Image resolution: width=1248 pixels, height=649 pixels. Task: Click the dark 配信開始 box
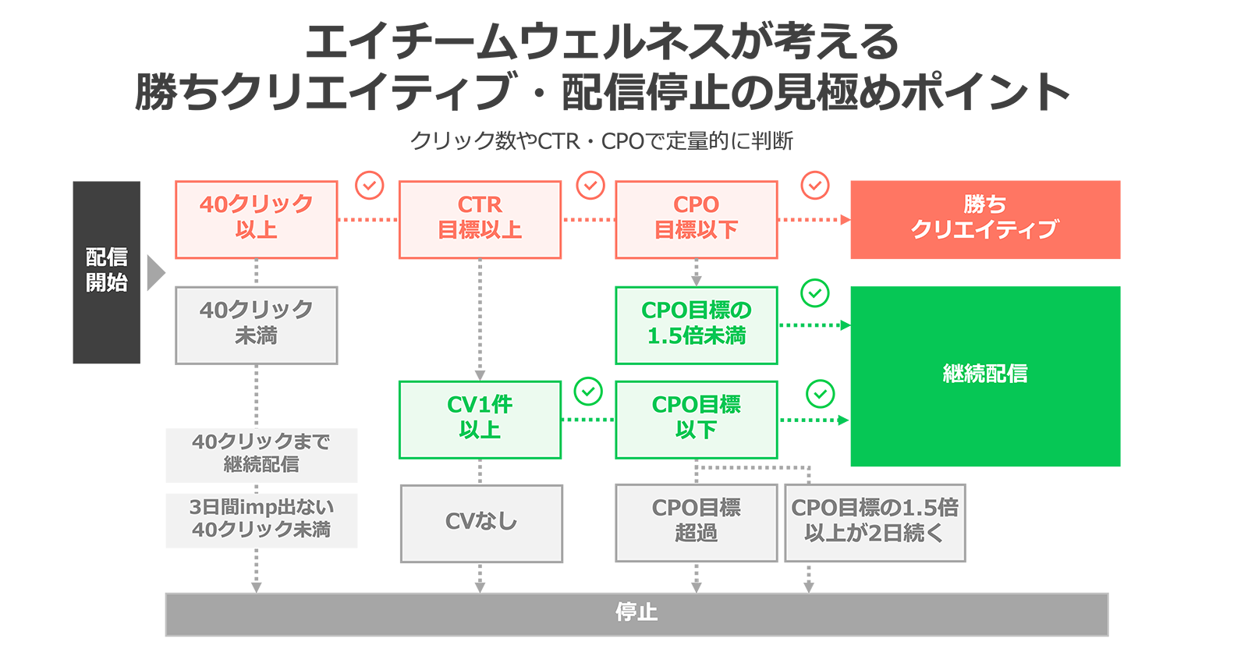coord(106,271)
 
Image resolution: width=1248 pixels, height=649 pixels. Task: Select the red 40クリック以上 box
coord(256,219)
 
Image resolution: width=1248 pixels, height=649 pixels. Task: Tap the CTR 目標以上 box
coord(480,219)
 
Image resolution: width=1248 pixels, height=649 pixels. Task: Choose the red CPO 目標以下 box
coord(696,219)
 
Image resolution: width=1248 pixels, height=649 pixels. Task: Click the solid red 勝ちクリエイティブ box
coord(984,219)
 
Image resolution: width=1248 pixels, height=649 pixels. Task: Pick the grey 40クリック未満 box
coord(256,324)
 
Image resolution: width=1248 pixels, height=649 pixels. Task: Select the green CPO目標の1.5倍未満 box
coord(696,324)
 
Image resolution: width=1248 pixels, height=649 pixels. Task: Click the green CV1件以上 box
coord(480,419)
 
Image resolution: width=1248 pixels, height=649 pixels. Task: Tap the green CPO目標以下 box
coord(696,419)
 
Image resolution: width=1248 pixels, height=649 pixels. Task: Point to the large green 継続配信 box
coord(984,375)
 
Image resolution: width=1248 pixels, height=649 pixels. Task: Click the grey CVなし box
coord(481,523)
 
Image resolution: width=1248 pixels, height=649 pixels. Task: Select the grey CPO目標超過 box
coord(696,522)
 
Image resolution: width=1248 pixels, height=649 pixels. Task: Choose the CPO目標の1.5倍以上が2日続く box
coord(874,522)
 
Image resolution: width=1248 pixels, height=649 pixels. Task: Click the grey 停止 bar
coord(636,614)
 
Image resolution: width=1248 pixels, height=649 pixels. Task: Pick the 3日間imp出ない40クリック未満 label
coord(261,520)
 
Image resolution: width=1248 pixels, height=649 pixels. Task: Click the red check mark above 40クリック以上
coord(369,186)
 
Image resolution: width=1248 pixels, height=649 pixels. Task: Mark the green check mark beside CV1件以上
coord(588,392)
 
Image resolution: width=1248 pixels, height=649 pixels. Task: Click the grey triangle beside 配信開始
coord(155,272)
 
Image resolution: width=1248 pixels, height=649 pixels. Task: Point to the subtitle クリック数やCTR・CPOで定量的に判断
coord(601,141)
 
